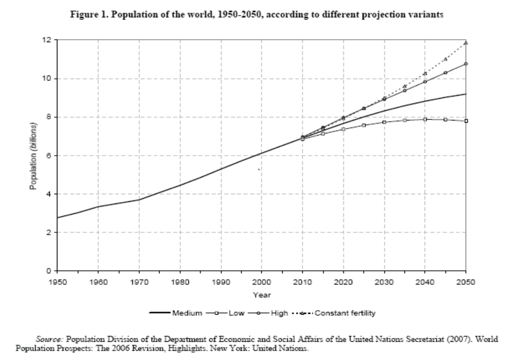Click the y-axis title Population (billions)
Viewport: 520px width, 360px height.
tap(33, 155)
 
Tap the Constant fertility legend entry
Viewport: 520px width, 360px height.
tap(345, 313)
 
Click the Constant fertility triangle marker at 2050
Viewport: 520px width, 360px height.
tap(466, 43)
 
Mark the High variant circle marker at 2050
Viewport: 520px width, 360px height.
tap(466, 64)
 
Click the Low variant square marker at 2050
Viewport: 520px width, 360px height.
tap(466, 121)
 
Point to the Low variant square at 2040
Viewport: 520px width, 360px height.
tap(425, 119)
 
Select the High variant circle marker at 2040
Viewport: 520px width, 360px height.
tap(425, 82)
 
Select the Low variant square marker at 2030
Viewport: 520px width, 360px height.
tap(384, 122)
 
